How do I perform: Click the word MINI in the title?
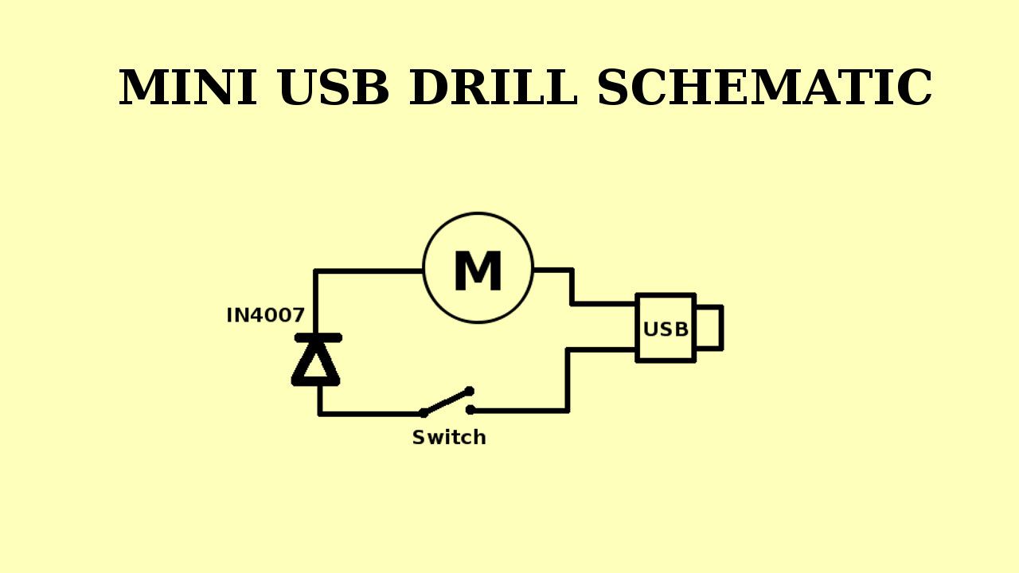188,88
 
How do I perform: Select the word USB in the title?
334,88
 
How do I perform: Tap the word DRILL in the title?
493,88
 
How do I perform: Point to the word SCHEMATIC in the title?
764,88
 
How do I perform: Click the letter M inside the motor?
478,272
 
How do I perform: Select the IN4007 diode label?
265,315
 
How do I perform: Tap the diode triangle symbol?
316,363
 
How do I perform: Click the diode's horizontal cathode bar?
318,338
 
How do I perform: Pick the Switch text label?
448,438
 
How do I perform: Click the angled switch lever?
447,402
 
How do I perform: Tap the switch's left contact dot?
424,413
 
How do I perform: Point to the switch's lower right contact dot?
470,410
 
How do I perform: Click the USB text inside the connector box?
666,329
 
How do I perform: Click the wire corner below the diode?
320,413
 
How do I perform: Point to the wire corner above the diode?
317,272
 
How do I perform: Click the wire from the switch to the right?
521,411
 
